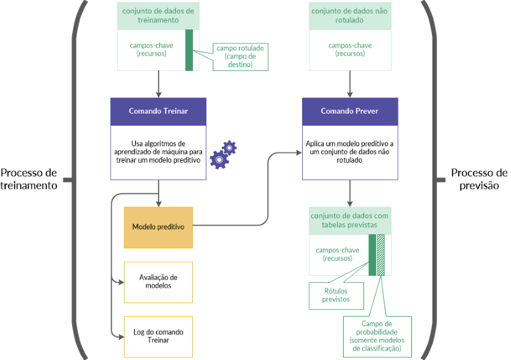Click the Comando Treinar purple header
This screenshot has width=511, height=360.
(158, 111)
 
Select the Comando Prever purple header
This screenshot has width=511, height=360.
(349, 111)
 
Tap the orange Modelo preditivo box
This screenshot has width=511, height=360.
(158, 227)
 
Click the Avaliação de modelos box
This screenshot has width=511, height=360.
(158, 281)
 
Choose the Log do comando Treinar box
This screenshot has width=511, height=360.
(158, 336)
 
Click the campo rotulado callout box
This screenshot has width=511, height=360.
(240, 56)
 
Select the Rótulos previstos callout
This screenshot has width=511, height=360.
(330, 294)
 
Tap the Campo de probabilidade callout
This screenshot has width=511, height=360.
(377, 336)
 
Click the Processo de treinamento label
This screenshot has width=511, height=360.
(29, 179)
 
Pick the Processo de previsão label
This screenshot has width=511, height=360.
(479, 179)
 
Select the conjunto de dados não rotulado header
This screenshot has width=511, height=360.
(349, 15)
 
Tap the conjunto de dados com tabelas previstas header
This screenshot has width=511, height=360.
(349, 220)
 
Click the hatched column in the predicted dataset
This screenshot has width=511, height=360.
(381, 255)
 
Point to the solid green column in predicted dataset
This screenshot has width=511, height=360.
(372, 255)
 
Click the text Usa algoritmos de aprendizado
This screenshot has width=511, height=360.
(158, 152)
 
